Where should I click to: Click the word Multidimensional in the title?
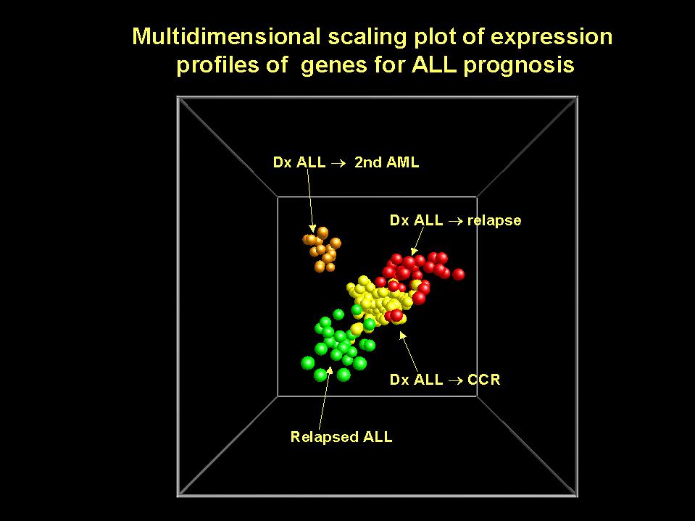[226, 36]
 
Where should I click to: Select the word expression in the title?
[552, 37]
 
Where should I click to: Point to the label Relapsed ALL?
[341, 437]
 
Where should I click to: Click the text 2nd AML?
[386, 162]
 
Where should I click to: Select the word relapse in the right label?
[494, 220]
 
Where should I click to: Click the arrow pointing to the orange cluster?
[311, 200]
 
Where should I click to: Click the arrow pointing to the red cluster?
[417, 241]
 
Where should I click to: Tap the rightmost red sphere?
[458, 274]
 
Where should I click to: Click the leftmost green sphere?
[307, 363]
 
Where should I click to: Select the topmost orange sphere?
[322, 232]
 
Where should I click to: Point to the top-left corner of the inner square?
[278, 197]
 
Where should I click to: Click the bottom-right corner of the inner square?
[477, 396]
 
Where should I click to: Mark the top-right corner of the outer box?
[577, 97]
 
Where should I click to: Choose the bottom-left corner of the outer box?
[178, 496]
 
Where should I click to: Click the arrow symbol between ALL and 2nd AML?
[338, 163]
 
